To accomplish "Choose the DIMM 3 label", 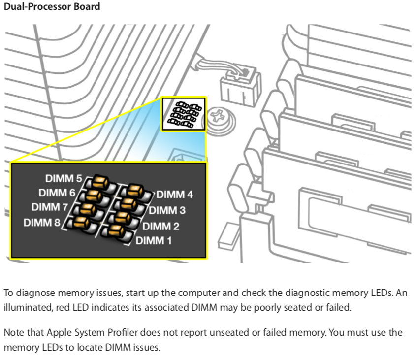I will click(167, 210).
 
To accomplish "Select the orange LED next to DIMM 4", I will click(133, 190).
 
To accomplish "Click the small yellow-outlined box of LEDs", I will click(183, 113).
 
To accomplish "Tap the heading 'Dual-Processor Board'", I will click(52, 7).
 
